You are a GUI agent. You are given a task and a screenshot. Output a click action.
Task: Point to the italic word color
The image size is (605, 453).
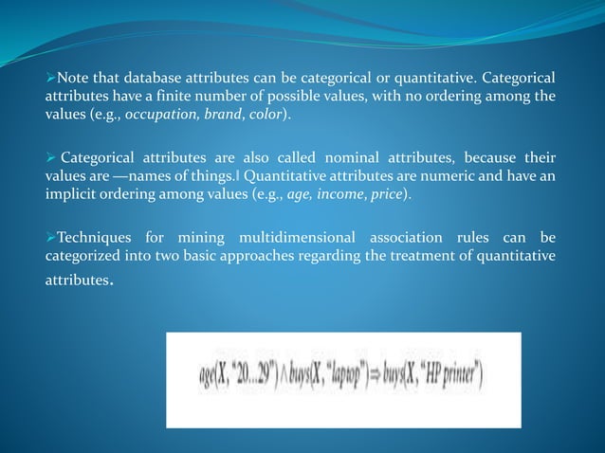click(x=270, y=115)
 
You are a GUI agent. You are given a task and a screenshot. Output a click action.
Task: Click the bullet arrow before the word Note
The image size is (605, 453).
click(x=51, y=77)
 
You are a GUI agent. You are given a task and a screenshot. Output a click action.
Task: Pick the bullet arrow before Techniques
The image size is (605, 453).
click(x=51, y=236)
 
